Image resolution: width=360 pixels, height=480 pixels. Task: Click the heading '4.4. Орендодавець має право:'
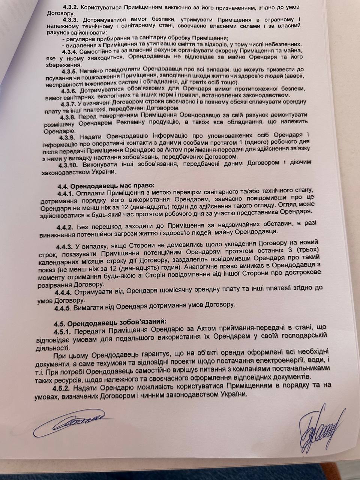[106, 185]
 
